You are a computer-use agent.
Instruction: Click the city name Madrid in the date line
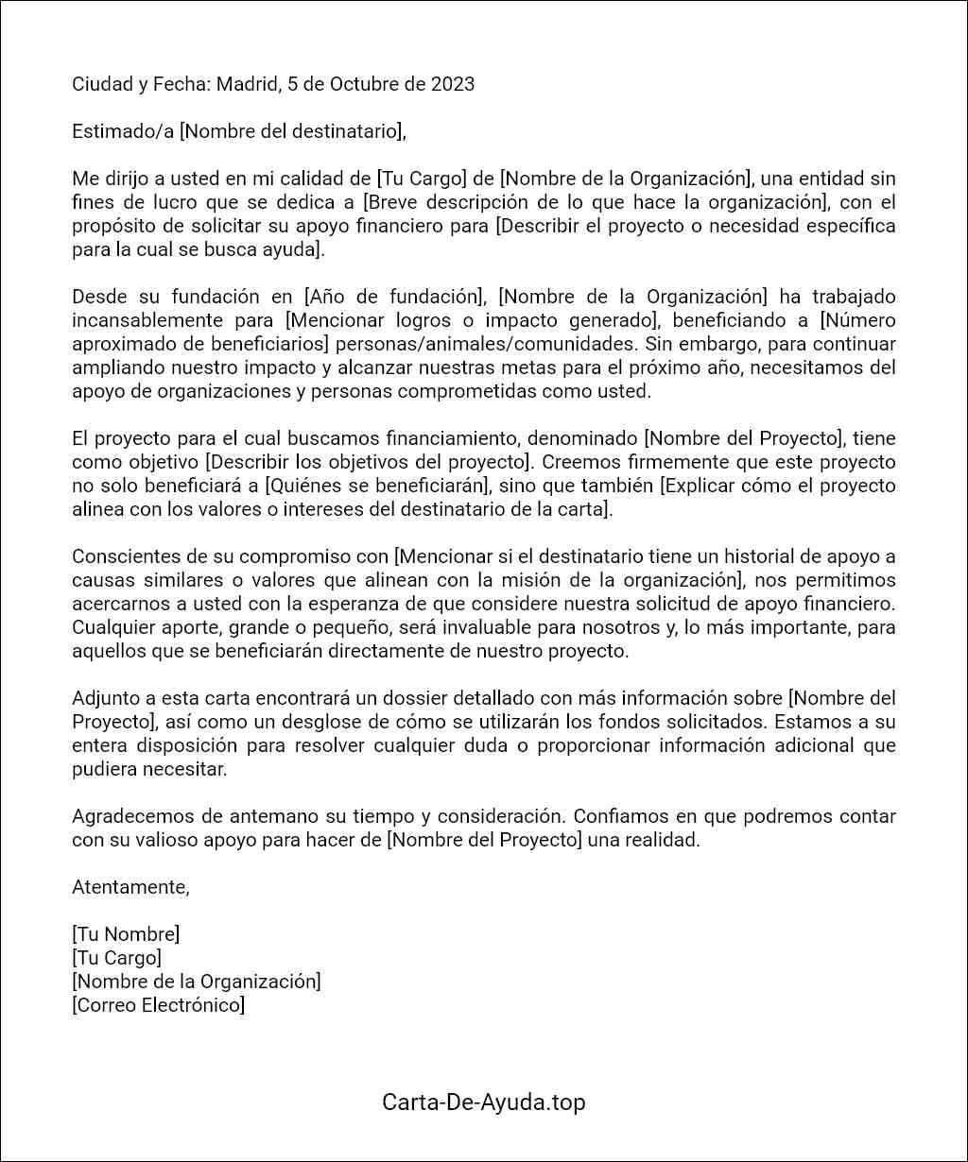248,84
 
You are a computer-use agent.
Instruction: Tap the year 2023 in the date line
453,84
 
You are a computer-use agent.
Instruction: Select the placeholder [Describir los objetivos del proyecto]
368,462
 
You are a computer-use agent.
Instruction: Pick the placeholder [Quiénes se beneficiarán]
376,486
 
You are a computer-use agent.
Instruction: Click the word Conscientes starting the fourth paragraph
121,556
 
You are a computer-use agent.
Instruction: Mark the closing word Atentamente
130,887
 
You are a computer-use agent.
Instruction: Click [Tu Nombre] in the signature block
126,934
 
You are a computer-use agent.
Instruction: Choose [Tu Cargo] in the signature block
116,958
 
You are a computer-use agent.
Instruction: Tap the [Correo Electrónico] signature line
159,1005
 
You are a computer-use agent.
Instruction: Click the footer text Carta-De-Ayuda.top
484,1102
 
